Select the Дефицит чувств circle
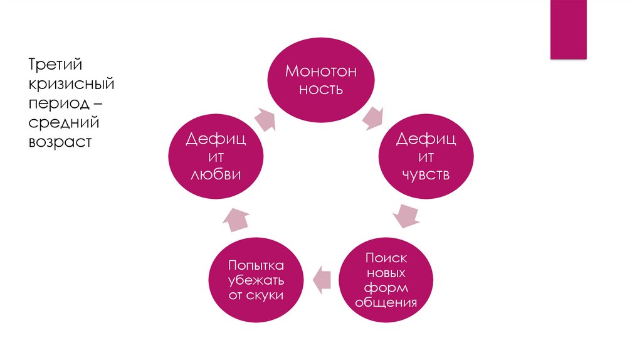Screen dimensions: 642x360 426,156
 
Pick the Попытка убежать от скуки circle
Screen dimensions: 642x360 256,280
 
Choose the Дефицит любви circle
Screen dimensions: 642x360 216,156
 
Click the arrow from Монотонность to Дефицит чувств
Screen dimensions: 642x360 374,117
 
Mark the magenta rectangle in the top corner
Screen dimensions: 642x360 568,29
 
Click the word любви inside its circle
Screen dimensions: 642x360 216,175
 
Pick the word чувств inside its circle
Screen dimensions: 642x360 426,175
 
